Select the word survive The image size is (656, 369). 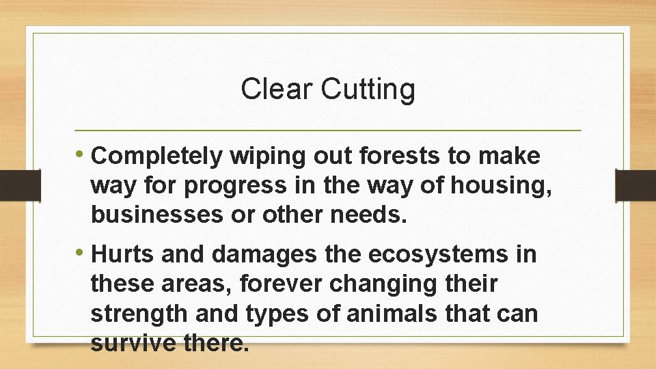[133, 344]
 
